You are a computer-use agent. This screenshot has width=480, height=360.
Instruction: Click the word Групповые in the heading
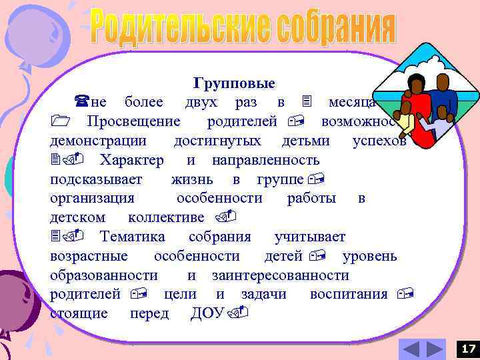tap(234, 84)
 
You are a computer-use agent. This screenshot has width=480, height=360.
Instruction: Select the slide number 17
tap(469, 348)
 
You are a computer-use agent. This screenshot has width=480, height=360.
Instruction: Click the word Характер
tap(131, 161)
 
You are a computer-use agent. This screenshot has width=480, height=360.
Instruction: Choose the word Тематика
tap(132, 237)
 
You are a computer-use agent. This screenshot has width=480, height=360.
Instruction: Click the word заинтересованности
tap(280, 275)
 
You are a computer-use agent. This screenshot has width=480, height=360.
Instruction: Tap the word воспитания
tap(349, 294)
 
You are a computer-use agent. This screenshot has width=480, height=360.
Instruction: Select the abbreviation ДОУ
tap(207, 313)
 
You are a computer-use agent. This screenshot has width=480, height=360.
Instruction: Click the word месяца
tap(351, 103)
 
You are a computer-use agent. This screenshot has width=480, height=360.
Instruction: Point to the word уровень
tap(369, 256)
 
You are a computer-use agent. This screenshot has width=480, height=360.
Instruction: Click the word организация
tap(92, 199)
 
